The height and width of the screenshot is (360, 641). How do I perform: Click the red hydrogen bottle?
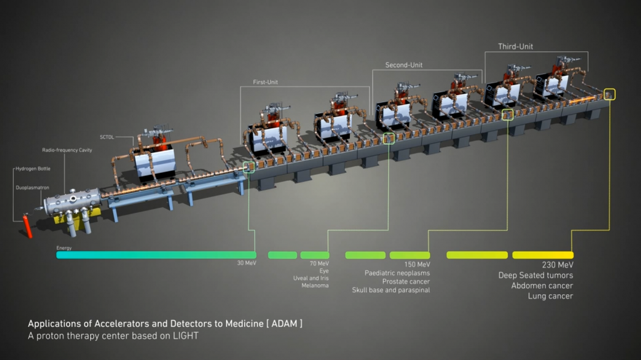click(x=28, y=226)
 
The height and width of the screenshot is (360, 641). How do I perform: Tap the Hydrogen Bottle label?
click(x=33, y=168)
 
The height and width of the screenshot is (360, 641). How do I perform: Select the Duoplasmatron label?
click(x=33, y=188)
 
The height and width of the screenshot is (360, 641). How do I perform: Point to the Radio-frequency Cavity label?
click(x=67, y=150)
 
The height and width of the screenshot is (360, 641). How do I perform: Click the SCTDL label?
click(x=106, y=137)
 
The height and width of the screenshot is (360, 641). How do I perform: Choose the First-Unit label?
click(x=265, y=82)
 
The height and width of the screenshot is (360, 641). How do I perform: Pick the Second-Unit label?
click(x=404, y=65)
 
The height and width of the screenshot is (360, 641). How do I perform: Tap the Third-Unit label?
click(x=516, y=46)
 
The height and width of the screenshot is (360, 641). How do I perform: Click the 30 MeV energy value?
click(x=247, y=263)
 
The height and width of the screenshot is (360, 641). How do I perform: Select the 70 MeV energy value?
click(x=319, y=264)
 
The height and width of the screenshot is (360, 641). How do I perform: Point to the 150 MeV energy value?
click(x=418, y=265)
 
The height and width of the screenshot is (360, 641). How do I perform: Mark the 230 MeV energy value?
click(x=558, y=265)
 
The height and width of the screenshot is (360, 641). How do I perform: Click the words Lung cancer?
click(x=550, y=296)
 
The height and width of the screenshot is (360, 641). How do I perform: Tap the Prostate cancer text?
click(x=406, y=282)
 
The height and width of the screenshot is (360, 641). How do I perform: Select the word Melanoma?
click(x=315, y=285)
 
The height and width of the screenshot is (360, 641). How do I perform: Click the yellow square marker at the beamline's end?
click(x=610, y=95)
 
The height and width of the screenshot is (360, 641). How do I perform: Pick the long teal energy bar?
click(x=156, y=255)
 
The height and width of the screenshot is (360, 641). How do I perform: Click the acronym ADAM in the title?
click(x=285, y=324)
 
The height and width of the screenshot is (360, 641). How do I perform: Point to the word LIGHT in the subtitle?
click(x=185, y=336)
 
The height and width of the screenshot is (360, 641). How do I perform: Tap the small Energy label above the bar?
click(x=64, y=248)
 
